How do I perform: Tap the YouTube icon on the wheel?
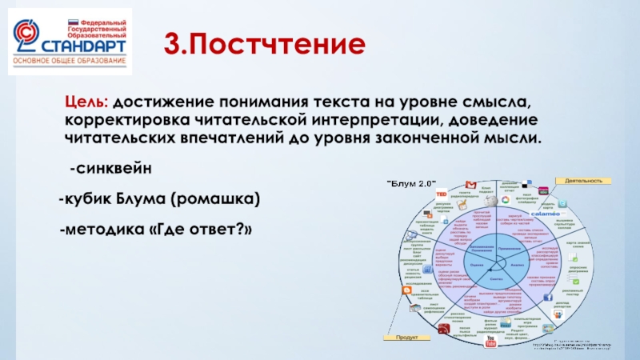(x=491, y=343)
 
